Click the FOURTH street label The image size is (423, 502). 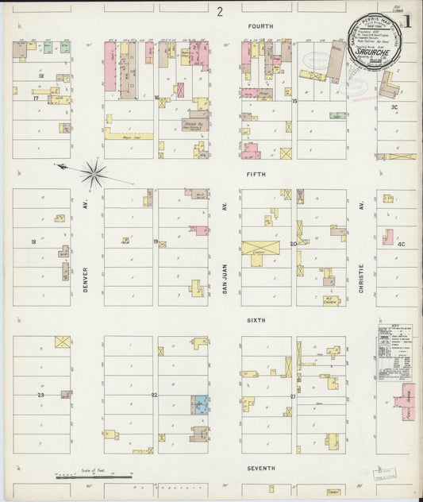click(x=260, y=26)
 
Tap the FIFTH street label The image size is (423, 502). click(x=256, y=174)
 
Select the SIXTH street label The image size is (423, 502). click(x=256, y=320)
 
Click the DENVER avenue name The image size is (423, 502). click(x=85, y=279)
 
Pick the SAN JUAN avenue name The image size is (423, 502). click(x=225, y=279)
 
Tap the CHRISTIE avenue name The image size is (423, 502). click(x=361, y=279)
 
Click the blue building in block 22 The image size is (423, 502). click(x=200, y=405)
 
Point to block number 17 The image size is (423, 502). click(x=36, y=98)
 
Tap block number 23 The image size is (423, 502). click(x=40, y=394)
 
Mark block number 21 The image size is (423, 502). click(x=293, y=396)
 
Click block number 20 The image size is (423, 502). click(x=293, y=244)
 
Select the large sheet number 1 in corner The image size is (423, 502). click(x=406, y=23)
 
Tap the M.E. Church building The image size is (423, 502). click(x=331, y=301)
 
